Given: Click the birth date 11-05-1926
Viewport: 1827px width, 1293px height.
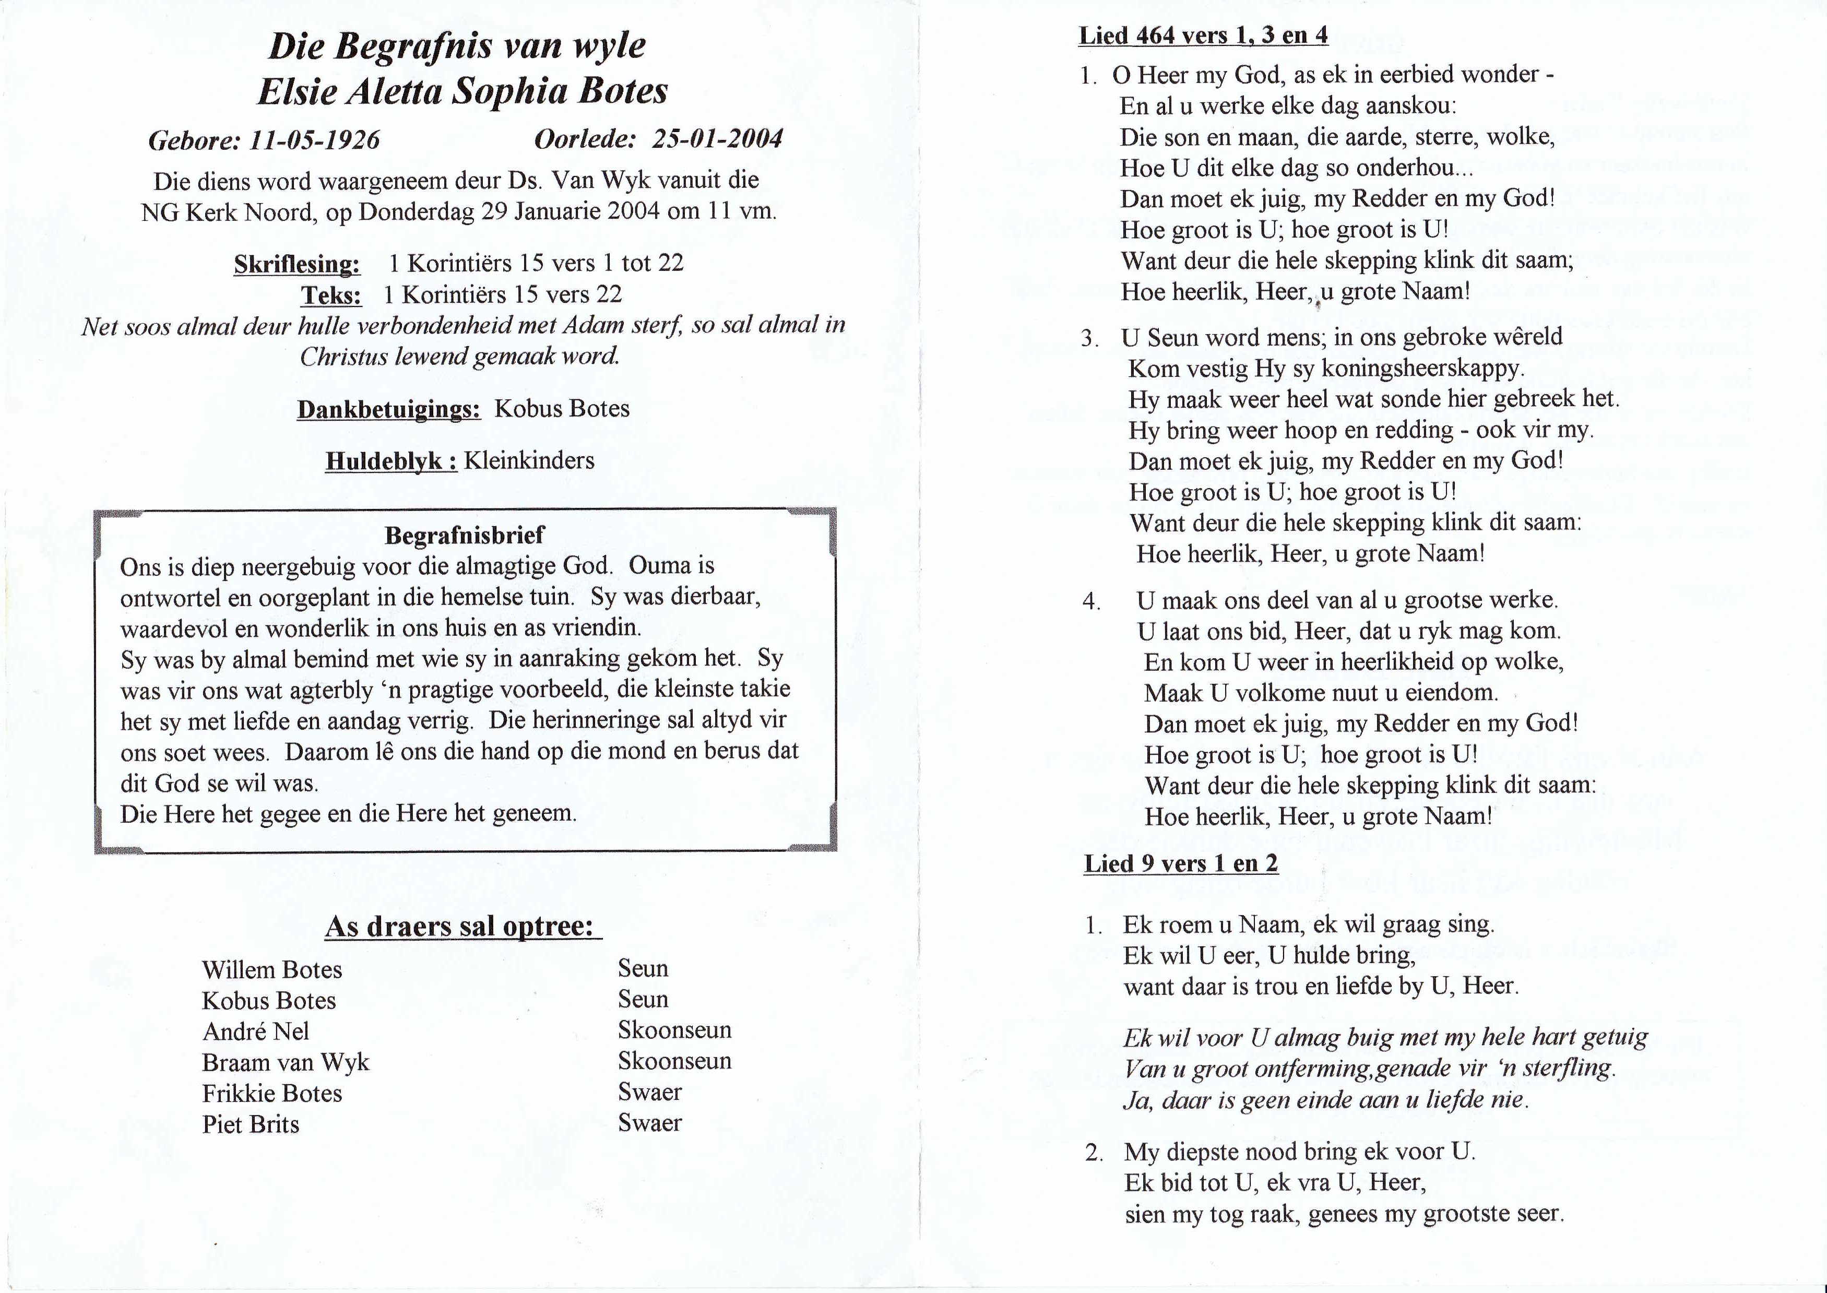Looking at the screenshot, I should (x=314, y=140).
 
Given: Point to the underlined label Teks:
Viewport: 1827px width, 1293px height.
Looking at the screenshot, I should (x=330, y=295).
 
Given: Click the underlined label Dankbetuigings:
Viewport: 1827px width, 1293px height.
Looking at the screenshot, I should (x=388, y=409).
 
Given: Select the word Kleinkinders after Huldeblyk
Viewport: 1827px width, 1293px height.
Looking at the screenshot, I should (x=529, y=460).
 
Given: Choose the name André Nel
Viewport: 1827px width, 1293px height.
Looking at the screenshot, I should (x=256, y=1031).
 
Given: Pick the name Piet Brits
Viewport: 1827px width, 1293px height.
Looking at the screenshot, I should (x=251, y=1124).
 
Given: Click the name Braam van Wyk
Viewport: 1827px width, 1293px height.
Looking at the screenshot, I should (x=286, y=1062).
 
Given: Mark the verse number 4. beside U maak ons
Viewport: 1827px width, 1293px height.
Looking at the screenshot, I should (x=1090, y=601).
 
